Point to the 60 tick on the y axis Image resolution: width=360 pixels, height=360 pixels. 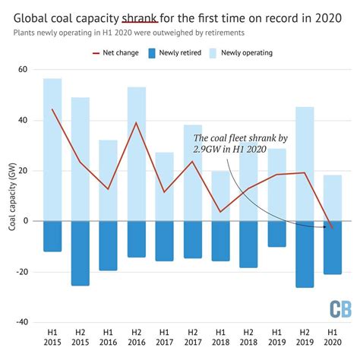pos(23,70)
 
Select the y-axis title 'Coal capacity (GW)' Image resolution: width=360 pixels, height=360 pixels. pos(10,196)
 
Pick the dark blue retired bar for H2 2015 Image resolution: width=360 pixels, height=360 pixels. pos(81,253)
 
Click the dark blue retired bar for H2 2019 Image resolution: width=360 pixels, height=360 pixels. pos(305,254)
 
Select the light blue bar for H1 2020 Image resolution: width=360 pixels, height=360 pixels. pos(333,197)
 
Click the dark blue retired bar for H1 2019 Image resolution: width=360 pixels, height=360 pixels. pos(276,233)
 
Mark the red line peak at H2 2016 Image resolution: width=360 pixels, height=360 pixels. pos(137,122)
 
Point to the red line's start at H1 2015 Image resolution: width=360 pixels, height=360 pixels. pos(52,109)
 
